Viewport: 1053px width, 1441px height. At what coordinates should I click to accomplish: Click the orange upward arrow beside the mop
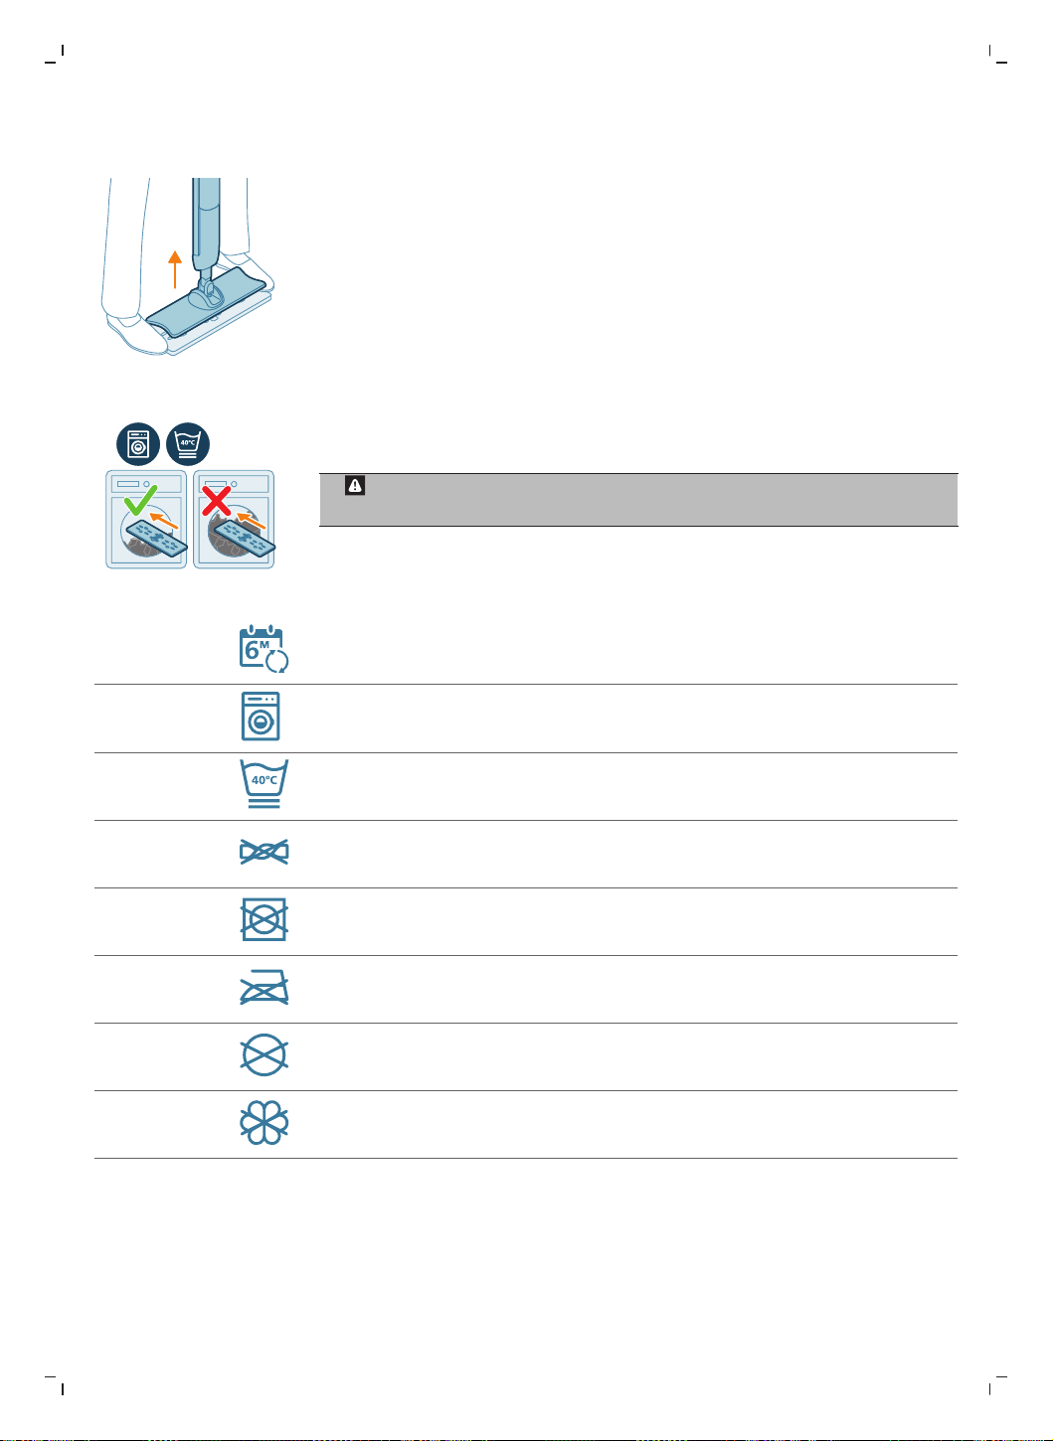point(174,269)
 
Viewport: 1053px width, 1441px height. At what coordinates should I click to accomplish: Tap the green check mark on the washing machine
point(140,501)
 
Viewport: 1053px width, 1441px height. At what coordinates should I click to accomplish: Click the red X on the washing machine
point(216,501)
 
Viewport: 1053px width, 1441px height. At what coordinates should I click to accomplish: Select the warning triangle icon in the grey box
point(355,485)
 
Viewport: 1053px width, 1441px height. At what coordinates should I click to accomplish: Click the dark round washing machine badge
point(138,444)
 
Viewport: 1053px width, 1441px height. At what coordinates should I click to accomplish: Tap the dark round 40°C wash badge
point(188,444)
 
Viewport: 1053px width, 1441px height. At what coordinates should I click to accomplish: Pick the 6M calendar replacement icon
point(263,648)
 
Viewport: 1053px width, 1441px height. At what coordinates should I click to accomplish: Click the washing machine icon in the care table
point(261,716)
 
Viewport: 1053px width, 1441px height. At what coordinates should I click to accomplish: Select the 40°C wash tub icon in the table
point(263,783)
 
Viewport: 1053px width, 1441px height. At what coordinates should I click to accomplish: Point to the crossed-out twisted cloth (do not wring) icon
point(263,852)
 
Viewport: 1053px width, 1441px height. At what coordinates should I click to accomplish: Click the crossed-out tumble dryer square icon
point(263,919)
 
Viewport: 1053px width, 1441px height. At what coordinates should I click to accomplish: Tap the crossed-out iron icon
point(263,987)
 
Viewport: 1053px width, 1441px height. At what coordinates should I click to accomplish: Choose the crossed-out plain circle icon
point(263,1055)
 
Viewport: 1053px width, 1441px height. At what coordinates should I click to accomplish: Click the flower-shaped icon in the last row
point(263,1123)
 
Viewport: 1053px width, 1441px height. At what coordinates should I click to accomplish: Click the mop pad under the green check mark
point(156,539)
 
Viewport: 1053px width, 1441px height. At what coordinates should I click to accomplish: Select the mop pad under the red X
point(244,539)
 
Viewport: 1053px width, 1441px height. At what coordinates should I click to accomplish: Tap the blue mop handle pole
point(206,226)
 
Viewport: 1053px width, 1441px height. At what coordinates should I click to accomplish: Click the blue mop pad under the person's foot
point(206,302)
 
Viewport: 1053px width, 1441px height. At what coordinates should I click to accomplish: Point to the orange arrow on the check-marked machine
point(163,520)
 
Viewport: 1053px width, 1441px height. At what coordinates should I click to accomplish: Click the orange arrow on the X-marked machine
point(251,520)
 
